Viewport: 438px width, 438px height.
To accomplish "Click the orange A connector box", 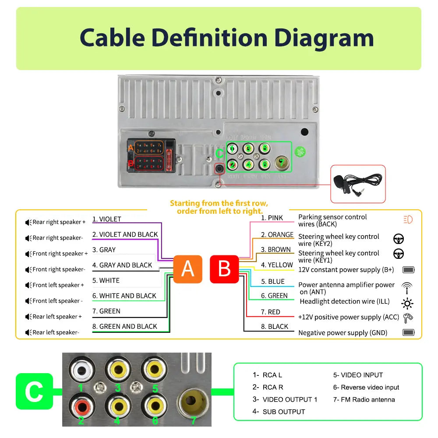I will coord(187,269).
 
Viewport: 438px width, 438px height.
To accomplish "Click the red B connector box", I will coord(224,269).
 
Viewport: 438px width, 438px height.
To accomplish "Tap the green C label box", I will coord(34,391).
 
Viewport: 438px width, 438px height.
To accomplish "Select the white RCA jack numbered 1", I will coord(81,371).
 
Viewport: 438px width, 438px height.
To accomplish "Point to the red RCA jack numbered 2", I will coord(81,407).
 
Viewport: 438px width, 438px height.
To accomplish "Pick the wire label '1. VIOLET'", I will coord(106,219).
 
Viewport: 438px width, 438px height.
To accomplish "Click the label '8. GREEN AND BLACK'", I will coord(124,326).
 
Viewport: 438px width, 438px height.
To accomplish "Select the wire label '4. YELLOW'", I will coord(277,265).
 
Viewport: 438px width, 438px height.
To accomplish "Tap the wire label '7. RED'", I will coord(270,312).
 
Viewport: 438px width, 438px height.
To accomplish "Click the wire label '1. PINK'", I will coord(272,218).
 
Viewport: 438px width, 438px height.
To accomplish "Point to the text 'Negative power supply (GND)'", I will coord(343,333).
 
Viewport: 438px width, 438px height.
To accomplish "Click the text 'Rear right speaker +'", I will coord(59,222).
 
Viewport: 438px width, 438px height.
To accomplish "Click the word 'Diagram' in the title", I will coord(324,38).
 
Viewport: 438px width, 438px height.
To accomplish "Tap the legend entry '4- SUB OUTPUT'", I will coord(279,412).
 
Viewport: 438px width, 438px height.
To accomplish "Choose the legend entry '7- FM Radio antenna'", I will coord(364,399).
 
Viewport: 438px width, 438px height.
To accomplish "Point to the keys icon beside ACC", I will coord(408,318).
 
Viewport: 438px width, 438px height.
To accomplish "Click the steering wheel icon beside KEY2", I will coord(399,239).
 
